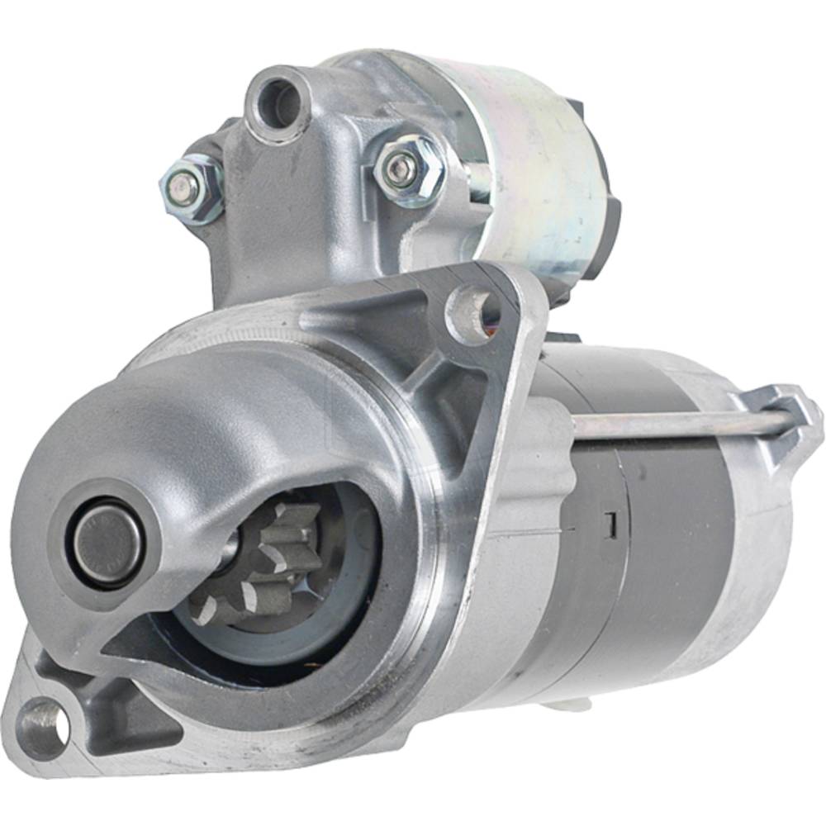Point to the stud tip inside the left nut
coord(184,189)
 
